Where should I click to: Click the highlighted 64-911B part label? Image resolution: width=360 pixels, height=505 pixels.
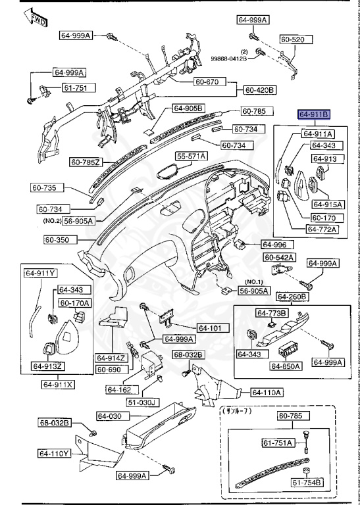313,114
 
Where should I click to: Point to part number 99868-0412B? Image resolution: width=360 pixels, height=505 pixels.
228,59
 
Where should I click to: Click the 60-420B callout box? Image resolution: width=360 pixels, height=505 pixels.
260,89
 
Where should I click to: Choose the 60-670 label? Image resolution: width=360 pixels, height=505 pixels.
210,82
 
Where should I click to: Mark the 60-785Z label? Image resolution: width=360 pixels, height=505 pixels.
86,160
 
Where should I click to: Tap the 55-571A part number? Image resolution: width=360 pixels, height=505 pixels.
191,156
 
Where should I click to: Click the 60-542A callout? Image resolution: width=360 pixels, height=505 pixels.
279,256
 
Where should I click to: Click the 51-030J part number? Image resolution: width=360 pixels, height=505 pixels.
142,402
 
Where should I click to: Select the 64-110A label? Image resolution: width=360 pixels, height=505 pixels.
267,393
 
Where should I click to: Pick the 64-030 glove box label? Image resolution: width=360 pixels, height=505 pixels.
111,416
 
